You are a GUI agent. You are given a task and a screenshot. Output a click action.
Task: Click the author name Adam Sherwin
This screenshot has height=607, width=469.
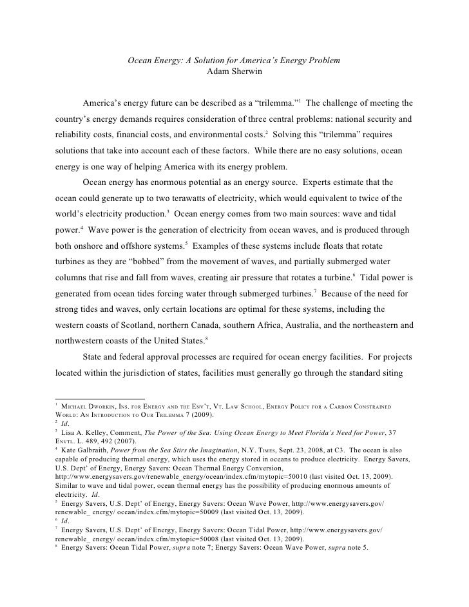[x=234, y=72]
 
